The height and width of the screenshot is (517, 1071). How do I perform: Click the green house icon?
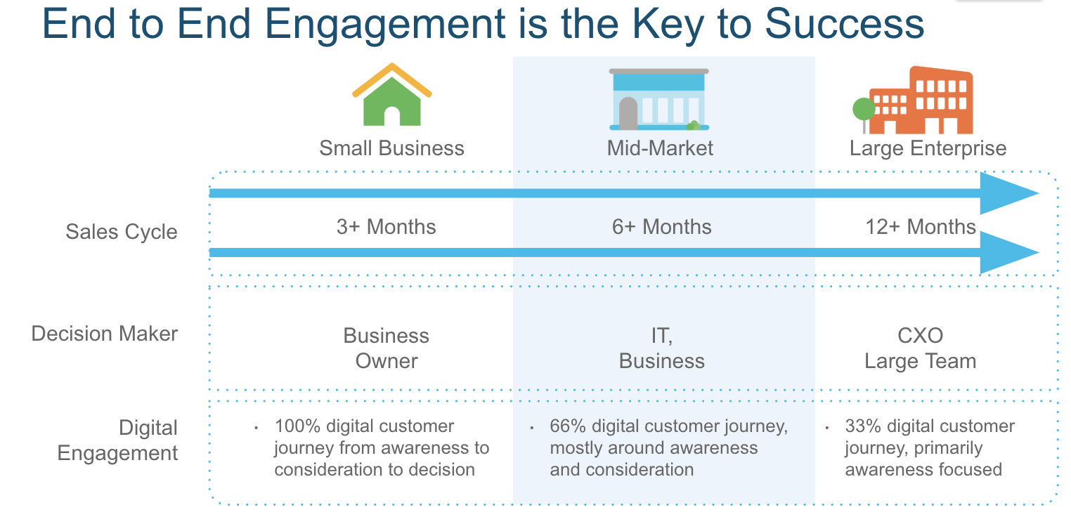(x=392, y=95)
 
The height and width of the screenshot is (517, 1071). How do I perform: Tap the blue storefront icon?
(x=659, y=99)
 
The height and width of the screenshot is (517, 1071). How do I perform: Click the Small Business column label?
(x=391, y=148)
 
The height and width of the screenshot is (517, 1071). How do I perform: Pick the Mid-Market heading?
(x=660, y=148)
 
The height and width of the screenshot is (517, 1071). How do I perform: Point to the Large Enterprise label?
(x=928, y=149)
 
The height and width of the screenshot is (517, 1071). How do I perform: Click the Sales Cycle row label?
(x=122, y=233)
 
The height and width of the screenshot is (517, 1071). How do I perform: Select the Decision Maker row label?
(x=104, y=334)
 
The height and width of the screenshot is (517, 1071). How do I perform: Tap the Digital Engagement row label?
(x=117, y=440)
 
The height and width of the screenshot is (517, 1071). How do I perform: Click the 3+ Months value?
(x=386, y=227)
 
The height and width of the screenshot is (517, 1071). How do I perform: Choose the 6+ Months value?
(x=662, y=227)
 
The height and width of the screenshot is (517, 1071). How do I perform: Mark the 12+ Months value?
(x=921, y=227)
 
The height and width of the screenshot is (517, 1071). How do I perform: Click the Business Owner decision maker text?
(x=387, y=348)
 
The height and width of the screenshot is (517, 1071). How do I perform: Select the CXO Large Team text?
(x=921, y=348)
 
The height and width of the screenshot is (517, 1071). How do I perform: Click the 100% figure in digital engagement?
(x=297, y=426)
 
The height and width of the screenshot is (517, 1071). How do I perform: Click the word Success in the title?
(x=845, y=24)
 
